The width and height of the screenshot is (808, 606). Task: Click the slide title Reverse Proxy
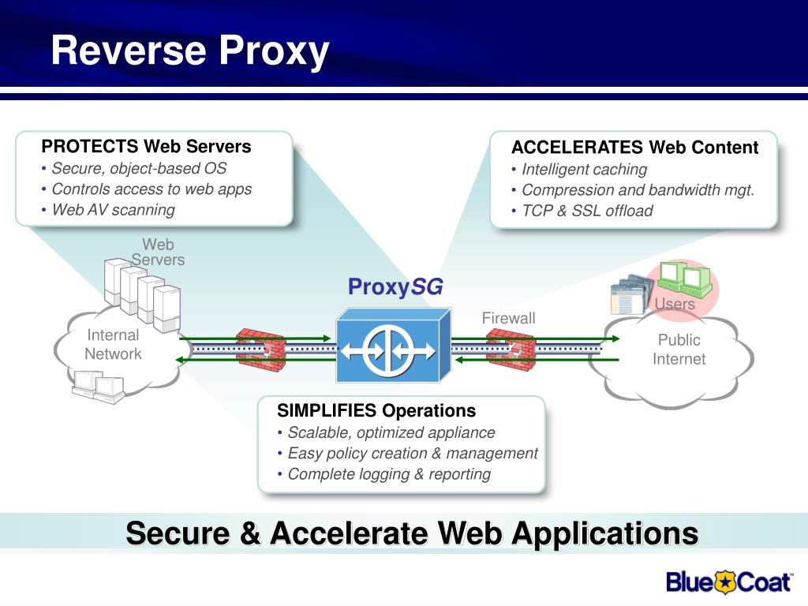pyautogui.click(x=190, y=51)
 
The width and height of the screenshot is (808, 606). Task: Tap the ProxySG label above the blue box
pyautogui.click(x=395, y=287)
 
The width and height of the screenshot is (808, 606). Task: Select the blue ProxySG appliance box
pyautogui.click(x=394, y=346)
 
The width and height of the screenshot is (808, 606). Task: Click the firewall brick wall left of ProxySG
pyautogui.click(x=260, y=350)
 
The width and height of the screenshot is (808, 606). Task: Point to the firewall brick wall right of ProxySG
pyautogui.click(x=511, y=350)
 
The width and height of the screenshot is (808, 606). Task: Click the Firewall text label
pyautogui.click(x=509, y=318)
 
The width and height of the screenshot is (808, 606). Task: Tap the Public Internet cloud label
pyautogui.click(x=679, y=350)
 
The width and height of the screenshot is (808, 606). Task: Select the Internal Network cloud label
pyautogui.click(x=113, y=344)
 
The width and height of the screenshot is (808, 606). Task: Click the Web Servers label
pyautogui.click(x=158, y=252)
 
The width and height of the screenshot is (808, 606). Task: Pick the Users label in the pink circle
pyautogui.click(x=675, y=304)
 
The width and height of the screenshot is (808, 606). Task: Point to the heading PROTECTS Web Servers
pyautogui.click(x=146, y=146)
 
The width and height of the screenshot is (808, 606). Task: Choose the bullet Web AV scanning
pyautogui.click(x=114, y=210)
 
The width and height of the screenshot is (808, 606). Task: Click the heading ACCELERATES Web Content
pyautogui.click(x=635, y=148)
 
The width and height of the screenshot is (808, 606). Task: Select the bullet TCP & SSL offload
pyautogui.click(x=587, y=211)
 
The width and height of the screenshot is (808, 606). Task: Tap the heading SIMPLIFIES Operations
pyautogui.click(x=376, y=410)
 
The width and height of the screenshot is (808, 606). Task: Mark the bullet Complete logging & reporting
pyautogui.click(x=389, y=474)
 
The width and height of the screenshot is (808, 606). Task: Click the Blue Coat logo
pyautogui.click(x=728, y=582)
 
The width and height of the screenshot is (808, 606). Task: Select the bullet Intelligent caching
pyautogui.click(x=585, y=170)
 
